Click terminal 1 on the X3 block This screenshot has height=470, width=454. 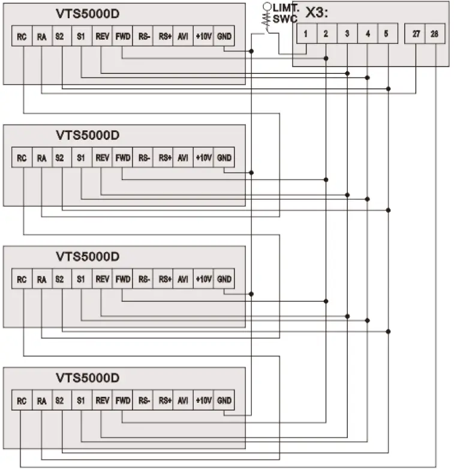(x=305, y=34)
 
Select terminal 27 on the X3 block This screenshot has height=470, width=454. (x=416, y=34)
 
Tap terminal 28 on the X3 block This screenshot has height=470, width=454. (x=434, y=34)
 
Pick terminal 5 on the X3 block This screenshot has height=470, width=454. (x=388, y=34)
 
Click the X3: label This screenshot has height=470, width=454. (x=321, y=12)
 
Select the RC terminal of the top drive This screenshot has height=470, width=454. (x=22, y=37)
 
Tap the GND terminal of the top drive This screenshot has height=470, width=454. (x=224, y=37)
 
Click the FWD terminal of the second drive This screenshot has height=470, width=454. (x=122, y=158)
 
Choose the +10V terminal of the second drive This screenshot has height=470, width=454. (x=204, y=158)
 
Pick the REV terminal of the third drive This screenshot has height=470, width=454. (x=102, y=279)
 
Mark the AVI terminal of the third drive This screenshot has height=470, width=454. (x=183, y=279)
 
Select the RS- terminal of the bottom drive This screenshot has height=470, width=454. (x=143, y=400)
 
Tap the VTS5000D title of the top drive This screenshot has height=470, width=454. (x=88, y=13)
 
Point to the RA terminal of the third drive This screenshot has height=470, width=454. (x=41, y=279)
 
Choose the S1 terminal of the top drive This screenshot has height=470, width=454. (x=80, y=37)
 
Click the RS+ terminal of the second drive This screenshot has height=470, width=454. (x=163, y=158)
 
